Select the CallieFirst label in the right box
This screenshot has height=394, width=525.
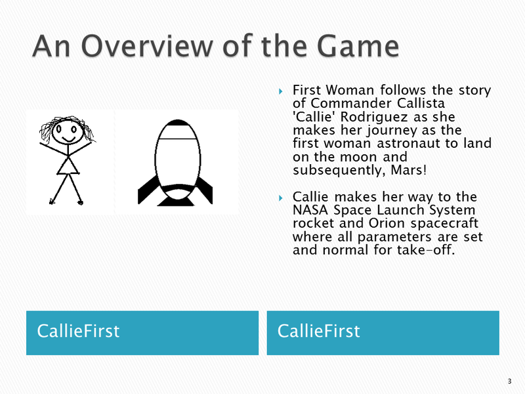point(319,331)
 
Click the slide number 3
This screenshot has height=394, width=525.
point(509,382)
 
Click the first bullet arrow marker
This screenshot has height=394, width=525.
point(281,91)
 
